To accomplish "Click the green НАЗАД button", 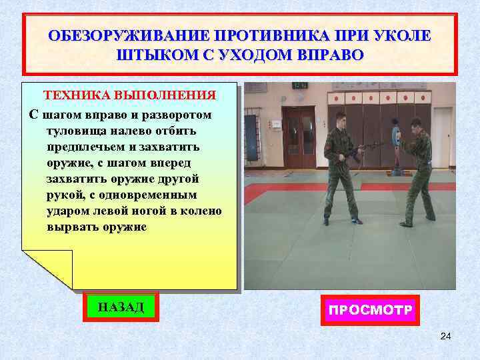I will click(121, 307).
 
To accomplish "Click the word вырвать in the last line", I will click(69, 227).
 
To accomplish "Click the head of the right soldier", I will click(416, 125).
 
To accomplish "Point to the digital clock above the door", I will click(300, 85).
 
